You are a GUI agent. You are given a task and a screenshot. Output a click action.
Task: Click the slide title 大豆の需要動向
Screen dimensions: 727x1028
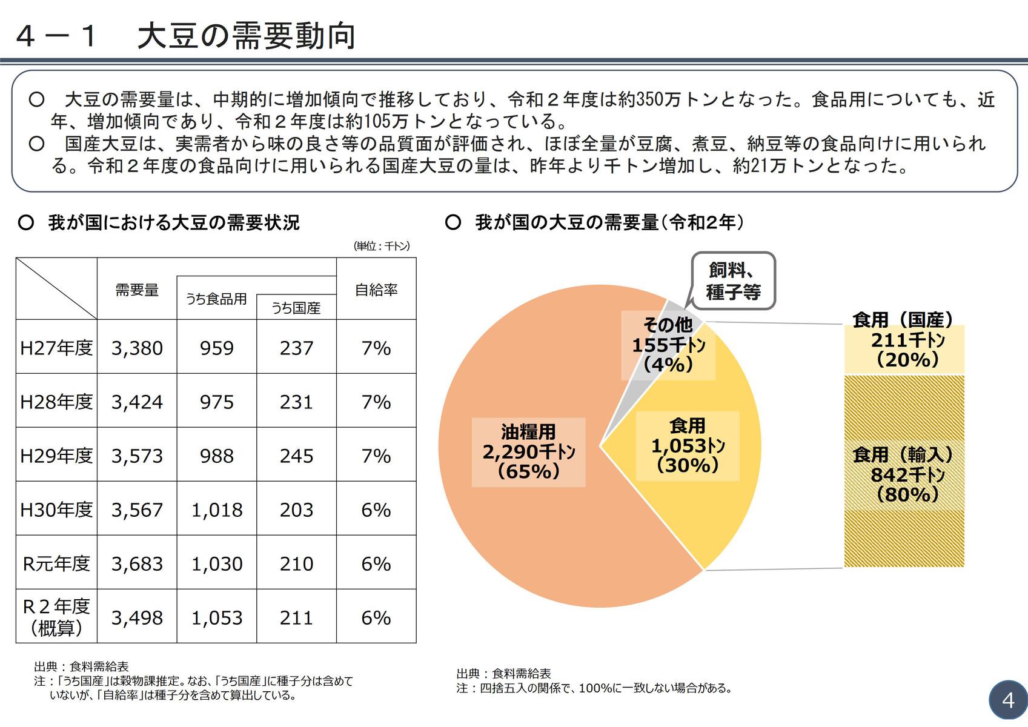coord(246,36)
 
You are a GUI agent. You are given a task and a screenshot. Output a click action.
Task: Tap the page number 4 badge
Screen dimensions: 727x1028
coord(1008,700)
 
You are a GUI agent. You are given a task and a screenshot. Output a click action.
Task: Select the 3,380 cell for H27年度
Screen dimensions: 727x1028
coord(137,348)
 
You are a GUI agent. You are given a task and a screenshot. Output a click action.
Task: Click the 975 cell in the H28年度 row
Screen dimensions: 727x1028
coord(217,402)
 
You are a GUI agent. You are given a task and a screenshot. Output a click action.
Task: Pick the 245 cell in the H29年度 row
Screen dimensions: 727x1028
coord(296,456)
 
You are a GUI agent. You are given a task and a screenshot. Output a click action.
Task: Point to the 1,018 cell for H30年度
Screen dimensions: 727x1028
coord(217,510)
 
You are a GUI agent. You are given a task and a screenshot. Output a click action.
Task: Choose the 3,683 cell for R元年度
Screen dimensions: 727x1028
coord(137,564)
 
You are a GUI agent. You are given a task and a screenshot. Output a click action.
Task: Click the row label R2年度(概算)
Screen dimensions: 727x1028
coord(56,617)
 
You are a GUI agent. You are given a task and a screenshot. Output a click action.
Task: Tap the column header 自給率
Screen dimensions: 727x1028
coord(376,290)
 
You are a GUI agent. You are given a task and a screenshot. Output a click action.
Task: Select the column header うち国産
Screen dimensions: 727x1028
coord(296,308)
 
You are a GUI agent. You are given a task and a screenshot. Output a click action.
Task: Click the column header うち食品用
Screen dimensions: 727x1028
coord(216,299)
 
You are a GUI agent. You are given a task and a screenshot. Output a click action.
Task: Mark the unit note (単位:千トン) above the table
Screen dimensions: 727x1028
coord(382,246)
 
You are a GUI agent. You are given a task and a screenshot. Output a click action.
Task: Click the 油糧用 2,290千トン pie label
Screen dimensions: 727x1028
coord(528,452)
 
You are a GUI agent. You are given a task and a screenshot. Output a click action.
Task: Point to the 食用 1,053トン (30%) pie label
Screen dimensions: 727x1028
coord(688,446)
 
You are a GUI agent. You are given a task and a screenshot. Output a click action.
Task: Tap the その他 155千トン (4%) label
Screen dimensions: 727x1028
coord(668,345)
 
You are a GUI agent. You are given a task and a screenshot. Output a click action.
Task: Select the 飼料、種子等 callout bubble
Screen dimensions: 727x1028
coord(733,281)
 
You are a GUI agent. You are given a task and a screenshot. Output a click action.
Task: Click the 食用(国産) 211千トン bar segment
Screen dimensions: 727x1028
coord(904,350)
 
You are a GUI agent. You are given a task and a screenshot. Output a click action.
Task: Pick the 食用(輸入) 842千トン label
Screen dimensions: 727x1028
coord(904,474)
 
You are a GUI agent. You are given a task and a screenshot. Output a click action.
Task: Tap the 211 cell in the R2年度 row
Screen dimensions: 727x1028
coord(296,618)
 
